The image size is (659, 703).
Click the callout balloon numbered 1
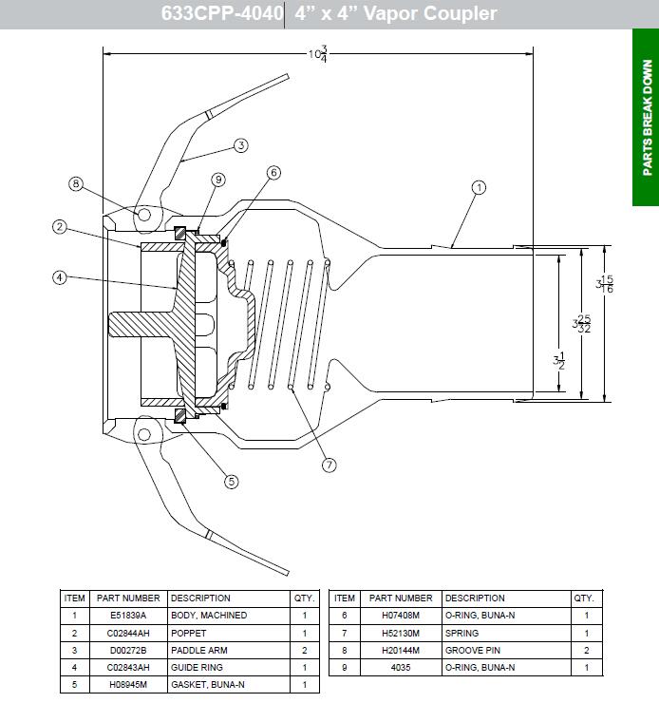click(x=479, y=187)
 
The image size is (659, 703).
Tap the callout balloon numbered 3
click(x=240, y=145)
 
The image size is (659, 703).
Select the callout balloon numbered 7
click(x=329, y=465)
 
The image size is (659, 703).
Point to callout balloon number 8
click(x=77, y=183)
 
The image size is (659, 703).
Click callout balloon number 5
click(x=231, y=482)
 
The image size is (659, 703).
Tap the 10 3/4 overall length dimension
click(x=317, y=55)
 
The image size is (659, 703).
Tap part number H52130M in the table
click(x=400, y=633)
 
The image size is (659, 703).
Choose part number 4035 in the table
click(x=400, y=667)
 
